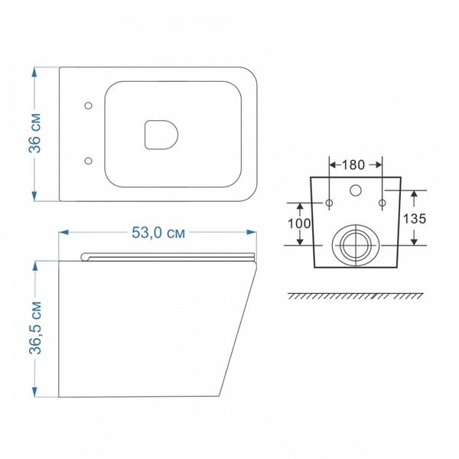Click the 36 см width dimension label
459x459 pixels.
[34, 132]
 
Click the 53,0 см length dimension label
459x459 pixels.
[158, 233]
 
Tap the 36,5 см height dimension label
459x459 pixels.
[35, 327]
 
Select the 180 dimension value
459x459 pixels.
[353, 164]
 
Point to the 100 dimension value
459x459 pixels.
[299, 223]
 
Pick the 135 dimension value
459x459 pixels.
[415, 219]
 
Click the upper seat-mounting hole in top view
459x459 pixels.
[88, 106]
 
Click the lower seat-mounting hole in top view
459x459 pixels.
[88, 161]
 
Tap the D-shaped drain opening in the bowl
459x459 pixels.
[161, 135]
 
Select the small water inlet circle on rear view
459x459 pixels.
[356, 190]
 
